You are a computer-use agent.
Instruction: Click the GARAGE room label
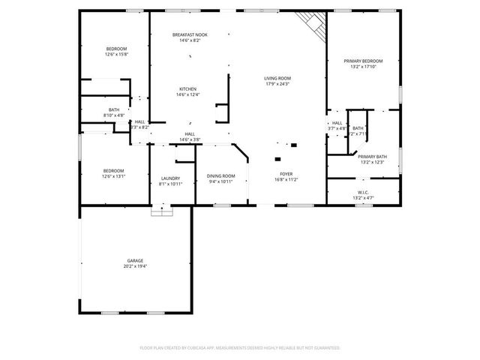coord(135,261)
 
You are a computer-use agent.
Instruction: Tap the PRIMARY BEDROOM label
coord(363,61)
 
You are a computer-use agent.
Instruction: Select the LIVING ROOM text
coord(277,78)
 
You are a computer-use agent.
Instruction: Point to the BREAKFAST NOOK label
coord(190,35)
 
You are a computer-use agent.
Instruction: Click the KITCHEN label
coord(187,89)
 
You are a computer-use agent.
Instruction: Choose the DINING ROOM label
coord(220,175)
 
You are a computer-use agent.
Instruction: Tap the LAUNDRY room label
coord(171,178)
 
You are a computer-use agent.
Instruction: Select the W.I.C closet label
coord(363,192)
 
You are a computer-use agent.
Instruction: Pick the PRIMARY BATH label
coord(372,157)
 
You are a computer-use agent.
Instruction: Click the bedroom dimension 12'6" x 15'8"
coord(116,55)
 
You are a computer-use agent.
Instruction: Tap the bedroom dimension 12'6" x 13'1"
coord(113,177)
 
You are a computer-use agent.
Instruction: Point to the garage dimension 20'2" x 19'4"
coord(135,266)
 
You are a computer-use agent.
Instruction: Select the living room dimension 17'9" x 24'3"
coord(277,84)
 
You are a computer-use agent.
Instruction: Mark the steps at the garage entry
coord(161,212)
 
